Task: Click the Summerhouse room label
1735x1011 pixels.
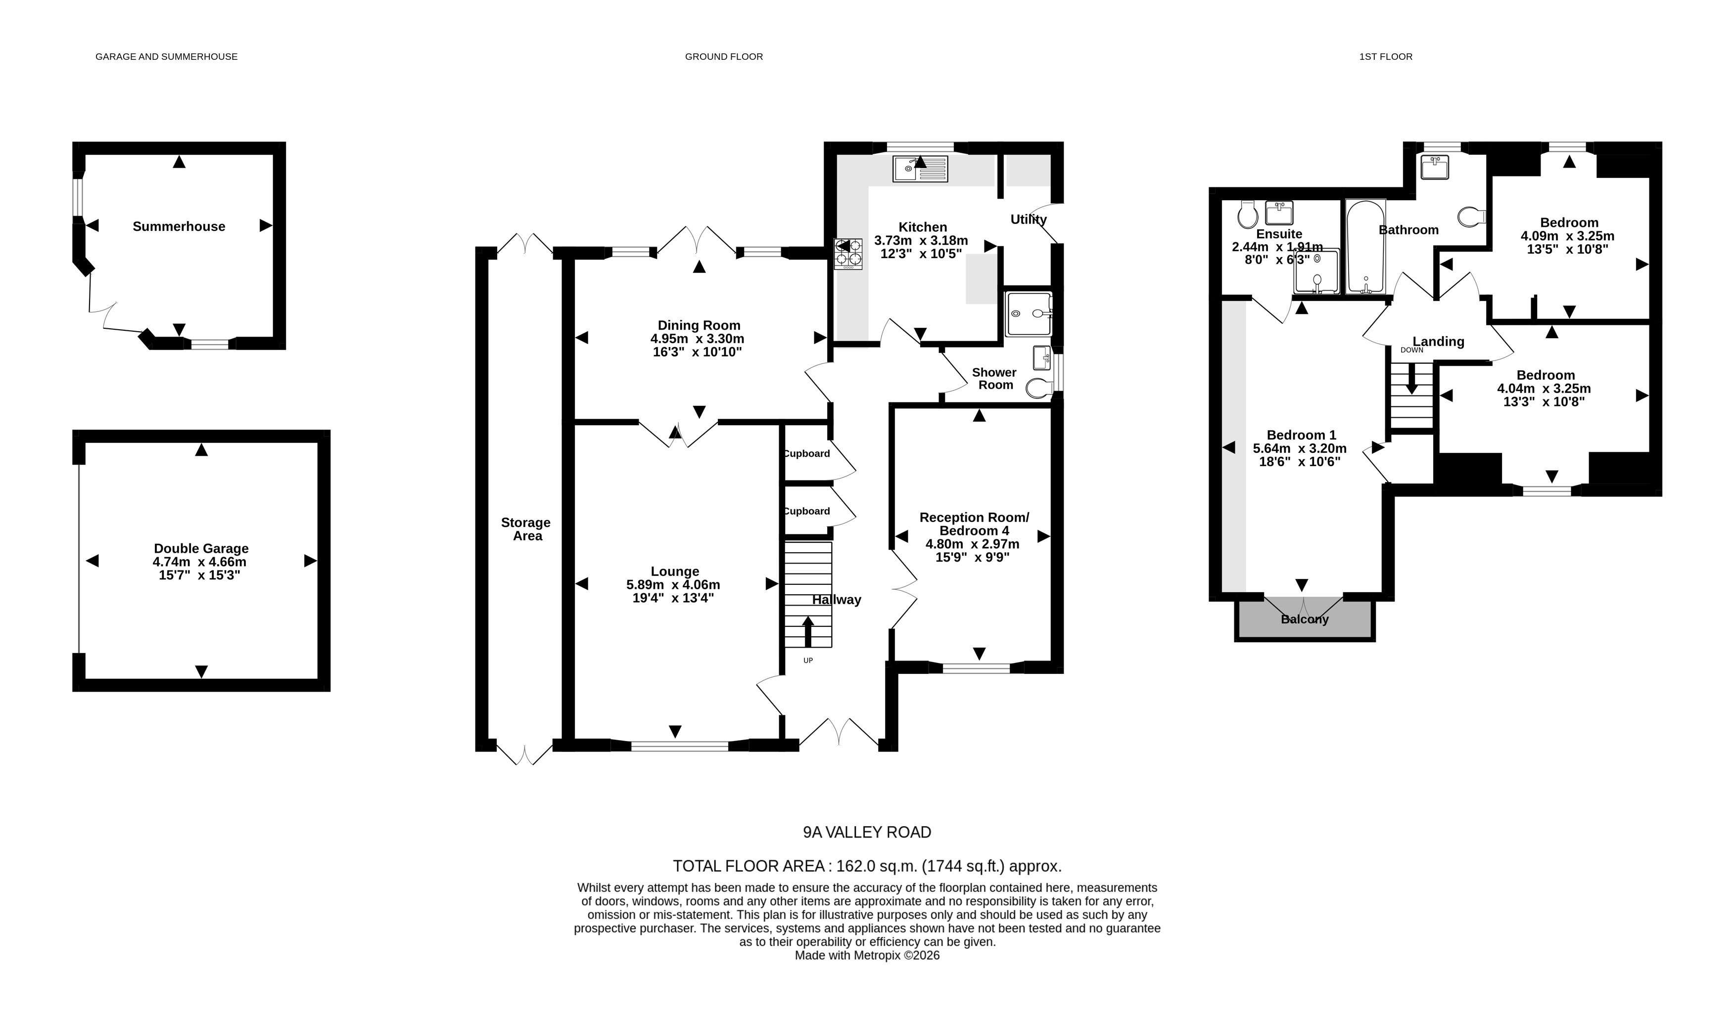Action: point(179,226)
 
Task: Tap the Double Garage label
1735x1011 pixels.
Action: point(201,549)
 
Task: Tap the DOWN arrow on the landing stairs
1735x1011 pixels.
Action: point(1411,379)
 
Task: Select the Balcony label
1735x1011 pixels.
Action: point(1305,619)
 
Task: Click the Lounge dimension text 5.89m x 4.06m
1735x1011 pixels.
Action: point(673,585)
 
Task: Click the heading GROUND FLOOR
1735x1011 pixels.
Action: point(724,56)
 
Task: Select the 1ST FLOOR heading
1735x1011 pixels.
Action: point(1385,56)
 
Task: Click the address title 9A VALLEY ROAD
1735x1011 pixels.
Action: point(867,833)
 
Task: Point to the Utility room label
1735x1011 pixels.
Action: point(1029,220)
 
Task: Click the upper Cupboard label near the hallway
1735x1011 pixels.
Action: point(807,453)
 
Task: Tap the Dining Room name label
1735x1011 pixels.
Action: point(699,325)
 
